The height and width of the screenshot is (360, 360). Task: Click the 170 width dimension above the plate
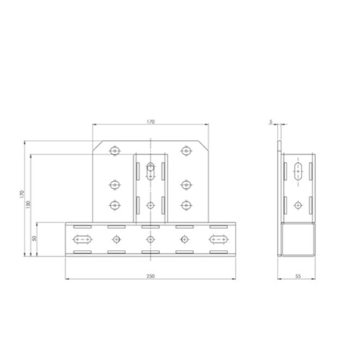(151, 122)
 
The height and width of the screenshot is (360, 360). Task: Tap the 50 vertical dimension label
(35, 239)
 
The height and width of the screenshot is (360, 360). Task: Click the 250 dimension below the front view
(151, 276)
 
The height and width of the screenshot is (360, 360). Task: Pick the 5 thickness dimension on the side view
(271, 122)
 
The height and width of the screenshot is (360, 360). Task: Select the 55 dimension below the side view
(297, 276)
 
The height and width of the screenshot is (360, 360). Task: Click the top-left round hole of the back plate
(114, 151)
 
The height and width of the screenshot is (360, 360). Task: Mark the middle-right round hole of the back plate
(187, 185)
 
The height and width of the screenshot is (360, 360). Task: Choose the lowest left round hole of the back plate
(114, 205)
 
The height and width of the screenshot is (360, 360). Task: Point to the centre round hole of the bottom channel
(151, 239)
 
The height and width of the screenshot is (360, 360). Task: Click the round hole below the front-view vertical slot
(151, 205)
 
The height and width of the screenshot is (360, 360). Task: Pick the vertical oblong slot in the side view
(297, 170)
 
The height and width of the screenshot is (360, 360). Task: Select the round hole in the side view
(297, 205)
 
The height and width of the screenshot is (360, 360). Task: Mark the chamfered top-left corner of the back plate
(97, 145)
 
